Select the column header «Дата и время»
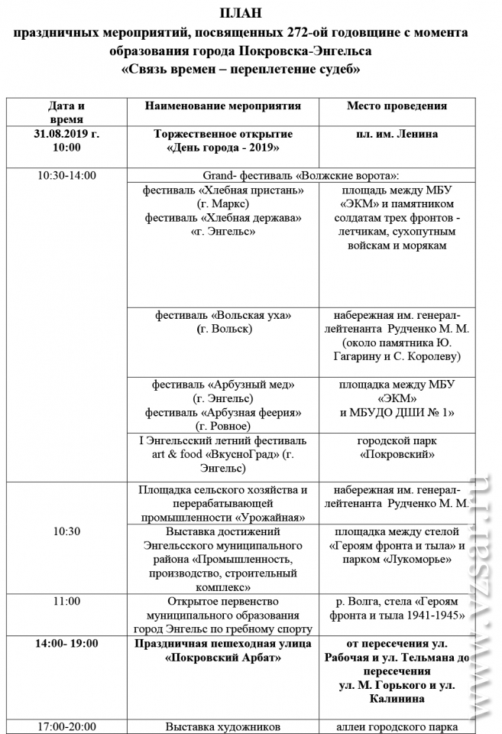(x=66, y=112)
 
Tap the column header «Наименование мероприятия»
(x=222, y=106)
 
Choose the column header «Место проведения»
(x=397, y=106)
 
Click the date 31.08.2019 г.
(x=67, y=134)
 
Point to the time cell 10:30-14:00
(x=67, y=175)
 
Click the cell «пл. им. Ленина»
(x=397, y=134)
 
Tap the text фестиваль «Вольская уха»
(x=223, y=315)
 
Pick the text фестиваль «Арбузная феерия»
(x=223, y=412)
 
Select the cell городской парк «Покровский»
(x=397, y=447)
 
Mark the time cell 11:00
(x=67, y=601)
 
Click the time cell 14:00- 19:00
(x=67, y=643)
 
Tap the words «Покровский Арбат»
(x=223, y=657)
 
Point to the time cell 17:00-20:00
(x=67, y=726)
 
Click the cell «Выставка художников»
(x=223, y=726)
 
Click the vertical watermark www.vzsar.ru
(x=481, y=604)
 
